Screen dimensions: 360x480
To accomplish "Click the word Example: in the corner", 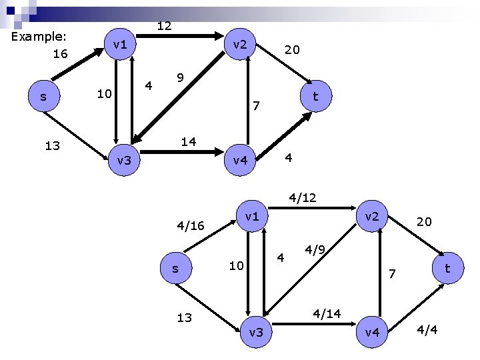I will [x=41, y=37].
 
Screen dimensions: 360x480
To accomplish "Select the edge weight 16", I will [x=60, y=54].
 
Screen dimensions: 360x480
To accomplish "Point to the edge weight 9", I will [x=180, y=79].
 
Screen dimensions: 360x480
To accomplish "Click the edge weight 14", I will [x=189, y=141].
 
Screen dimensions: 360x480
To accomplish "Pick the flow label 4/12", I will [x=302, y=198].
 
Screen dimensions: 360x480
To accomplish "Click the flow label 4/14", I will [x=327, y=312].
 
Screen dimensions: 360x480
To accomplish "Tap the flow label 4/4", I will [x=428, y=329].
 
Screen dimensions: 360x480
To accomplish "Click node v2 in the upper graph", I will [x=239, y=45].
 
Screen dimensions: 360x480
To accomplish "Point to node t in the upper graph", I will [x=315, y=97].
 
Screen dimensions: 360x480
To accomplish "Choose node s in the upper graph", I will [x=43, y=97].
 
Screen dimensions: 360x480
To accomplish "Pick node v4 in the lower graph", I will [x=373, y=331].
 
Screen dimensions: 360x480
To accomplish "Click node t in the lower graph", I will [x=448, y=268].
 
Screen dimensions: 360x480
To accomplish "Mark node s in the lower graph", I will [x=175, y=269].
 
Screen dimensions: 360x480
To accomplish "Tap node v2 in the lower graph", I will [x=372, y=216].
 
